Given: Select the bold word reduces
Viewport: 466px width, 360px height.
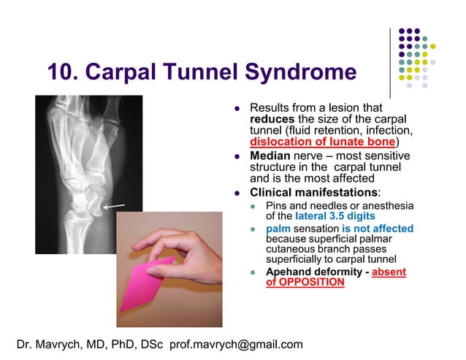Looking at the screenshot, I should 272,118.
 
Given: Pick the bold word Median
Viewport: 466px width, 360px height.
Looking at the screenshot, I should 270,156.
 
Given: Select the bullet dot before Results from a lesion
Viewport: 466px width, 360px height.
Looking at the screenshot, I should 237,107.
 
